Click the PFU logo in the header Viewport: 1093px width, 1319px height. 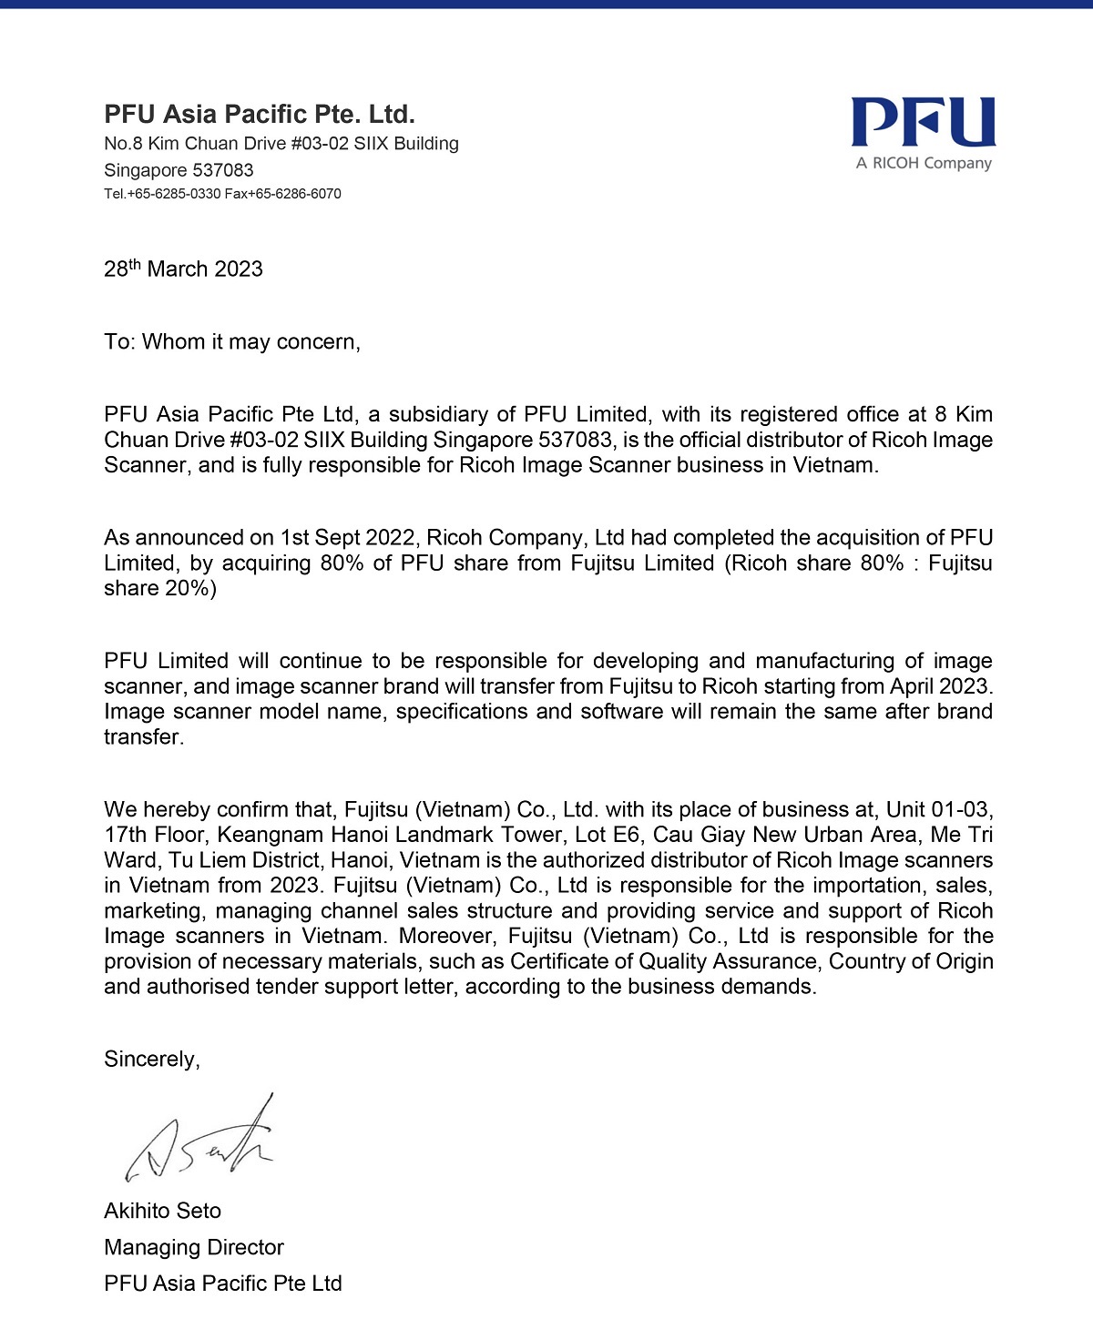click(923, 122)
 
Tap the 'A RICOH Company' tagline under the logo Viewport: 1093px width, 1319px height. click(923, 164)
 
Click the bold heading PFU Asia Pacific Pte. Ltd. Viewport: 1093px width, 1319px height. click(260, 115)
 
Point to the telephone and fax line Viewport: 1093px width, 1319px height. click(222, 194)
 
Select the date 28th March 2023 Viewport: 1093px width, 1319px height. click(183, 269)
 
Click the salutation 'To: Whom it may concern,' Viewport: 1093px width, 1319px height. click(232, 342)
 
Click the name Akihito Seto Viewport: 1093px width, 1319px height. click(163, 1212)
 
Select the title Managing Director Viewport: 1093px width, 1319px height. click(194, 1248)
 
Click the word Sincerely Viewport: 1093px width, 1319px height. click(151, 1060)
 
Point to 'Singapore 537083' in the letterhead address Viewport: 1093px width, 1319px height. click(179, 170)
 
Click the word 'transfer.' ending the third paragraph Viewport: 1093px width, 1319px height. click(144, 737)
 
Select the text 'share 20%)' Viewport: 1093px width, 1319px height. click(160, 589)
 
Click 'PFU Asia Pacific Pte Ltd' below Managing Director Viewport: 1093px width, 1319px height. click(223, 1284)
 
